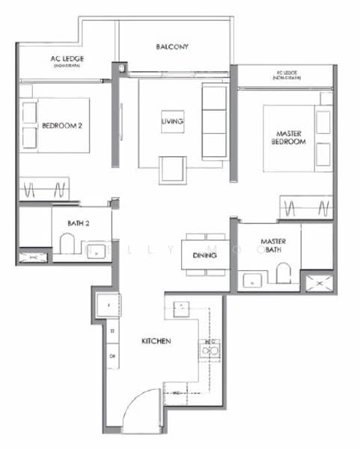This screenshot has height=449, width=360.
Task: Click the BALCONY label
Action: point(172,47)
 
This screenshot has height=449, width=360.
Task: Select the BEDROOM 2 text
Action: point(61,126)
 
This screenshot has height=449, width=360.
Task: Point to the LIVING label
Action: point(172,121)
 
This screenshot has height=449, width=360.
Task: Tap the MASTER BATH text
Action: point(270,245)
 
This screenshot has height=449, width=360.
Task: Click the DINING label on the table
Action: point(204,256)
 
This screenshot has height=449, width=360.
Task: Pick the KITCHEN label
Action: point(157,341)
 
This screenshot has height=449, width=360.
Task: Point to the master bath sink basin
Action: point(252,282)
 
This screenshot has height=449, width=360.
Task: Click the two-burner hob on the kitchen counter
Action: point(209,349)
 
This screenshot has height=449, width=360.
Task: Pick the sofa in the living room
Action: point(215,110)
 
